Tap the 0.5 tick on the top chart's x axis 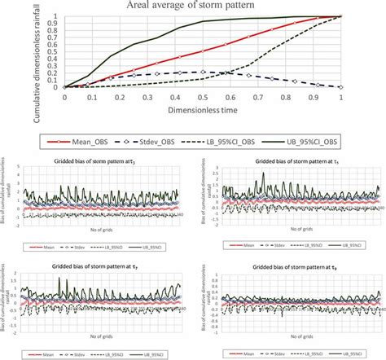tap(203, 94)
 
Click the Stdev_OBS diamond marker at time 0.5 tap(203, 72)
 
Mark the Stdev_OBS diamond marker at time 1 tap(340, 86)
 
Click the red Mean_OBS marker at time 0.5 tap(203, 51)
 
